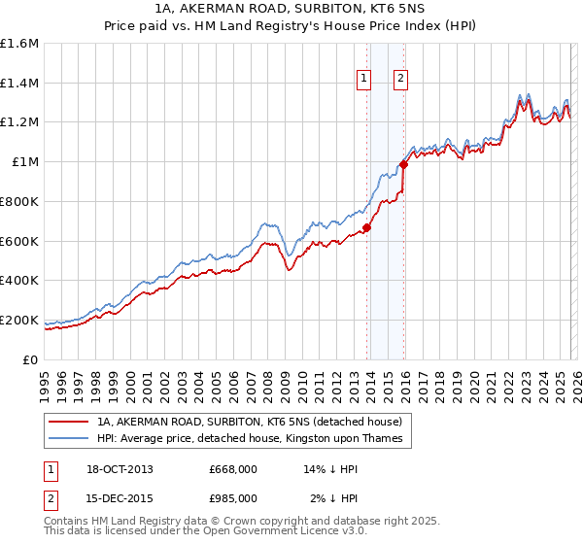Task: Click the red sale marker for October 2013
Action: [367, 228]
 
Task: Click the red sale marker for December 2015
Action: [404, 164]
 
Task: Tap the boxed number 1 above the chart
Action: [363, 80]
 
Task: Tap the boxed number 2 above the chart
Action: [400, 80]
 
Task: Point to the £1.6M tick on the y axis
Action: [19, 44]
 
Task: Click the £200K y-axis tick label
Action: [19, 320]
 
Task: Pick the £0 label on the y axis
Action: [31, 359]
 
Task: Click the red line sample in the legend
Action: [68, 422]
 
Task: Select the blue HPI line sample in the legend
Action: [68, 438]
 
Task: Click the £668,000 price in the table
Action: [232, 469]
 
